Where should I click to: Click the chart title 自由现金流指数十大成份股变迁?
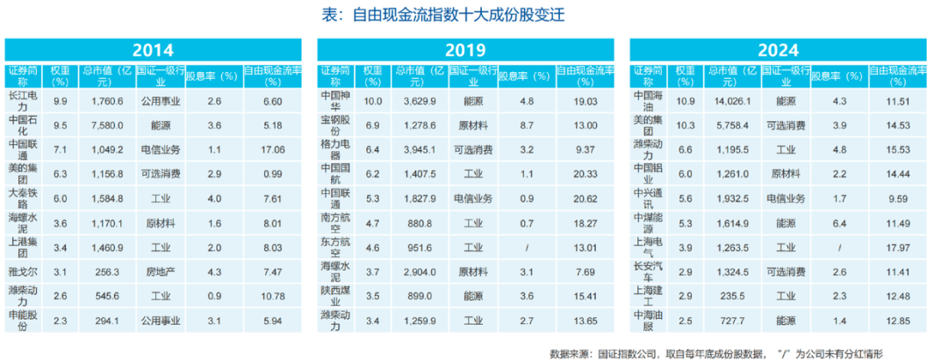[463, 15]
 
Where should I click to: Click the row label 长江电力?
[24, 102]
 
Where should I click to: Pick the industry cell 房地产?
[160, 272]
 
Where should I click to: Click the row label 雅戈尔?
[24, 272]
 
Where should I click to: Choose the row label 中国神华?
[337, 101]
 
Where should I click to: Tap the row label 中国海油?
[650, 101]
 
